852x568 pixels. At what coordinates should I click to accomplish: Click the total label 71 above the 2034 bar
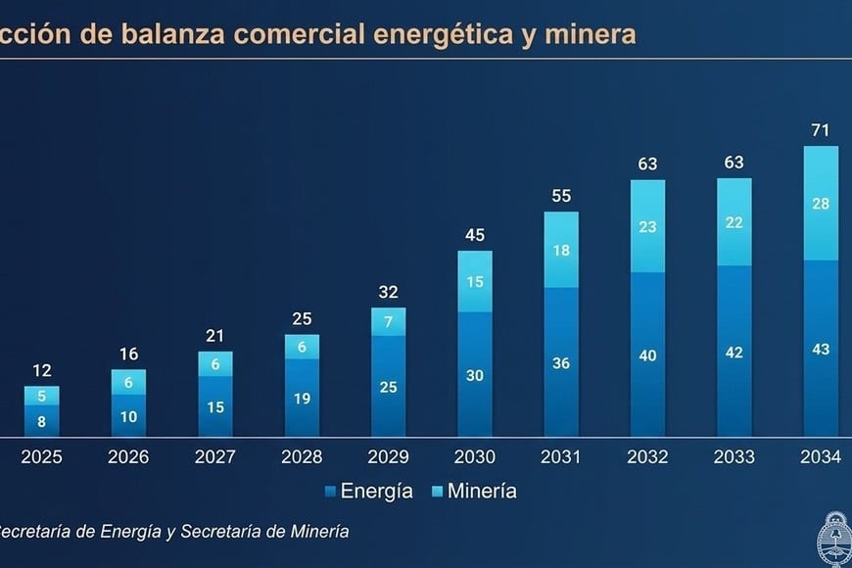click(821, 131)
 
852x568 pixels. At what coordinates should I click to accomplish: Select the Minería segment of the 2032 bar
click(647, 226)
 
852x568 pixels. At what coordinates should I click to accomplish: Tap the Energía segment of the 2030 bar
click(475, 374)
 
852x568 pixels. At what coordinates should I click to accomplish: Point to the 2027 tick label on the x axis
click(215, 457)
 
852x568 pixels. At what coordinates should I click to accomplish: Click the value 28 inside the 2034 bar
click(821, 203)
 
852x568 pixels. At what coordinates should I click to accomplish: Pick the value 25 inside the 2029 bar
click(389, 386)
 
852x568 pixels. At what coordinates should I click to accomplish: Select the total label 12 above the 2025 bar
click(42, 371)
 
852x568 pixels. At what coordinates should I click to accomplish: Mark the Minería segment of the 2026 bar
click(128, 382)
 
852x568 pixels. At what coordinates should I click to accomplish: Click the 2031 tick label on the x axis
click(561, 457)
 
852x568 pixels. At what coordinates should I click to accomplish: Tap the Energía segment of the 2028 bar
click(302, 398)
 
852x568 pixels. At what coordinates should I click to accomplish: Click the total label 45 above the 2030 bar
click(475, 235)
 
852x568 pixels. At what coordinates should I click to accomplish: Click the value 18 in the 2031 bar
click(561, 250)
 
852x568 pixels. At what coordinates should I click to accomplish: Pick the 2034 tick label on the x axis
click(821, 457)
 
